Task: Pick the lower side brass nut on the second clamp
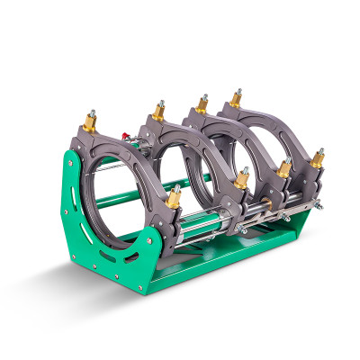(241, 178)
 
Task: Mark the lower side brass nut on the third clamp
(282, 168)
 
